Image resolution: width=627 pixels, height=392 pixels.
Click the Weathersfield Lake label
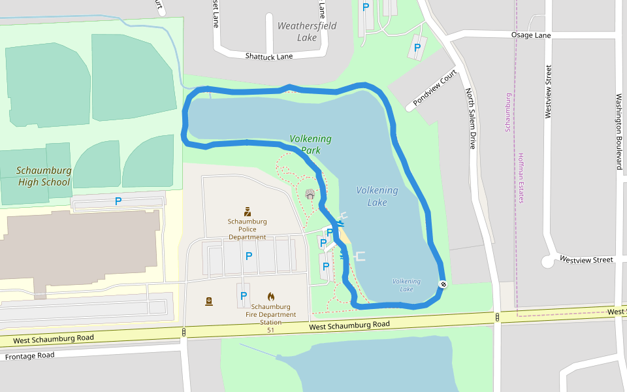[x=307, y=31]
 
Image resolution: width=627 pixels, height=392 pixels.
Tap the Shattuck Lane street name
[x=269, y=56]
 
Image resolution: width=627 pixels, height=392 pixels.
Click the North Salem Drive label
[x=470, y=118]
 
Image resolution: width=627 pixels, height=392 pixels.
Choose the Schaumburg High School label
[x=44, y=176]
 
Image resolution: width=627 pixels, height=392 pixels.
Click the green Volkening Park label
[x=311, y=144]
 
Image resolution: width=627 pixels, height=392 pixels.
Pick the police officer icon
[x=248, y=211]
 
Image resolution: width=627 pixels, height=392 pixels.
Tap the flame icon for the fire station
[x=271, y=297]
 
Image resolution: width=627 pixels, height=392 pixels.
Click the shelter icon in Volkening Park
[x=310, y=194]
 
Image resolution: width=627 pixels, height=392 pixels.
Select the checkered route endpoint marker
[x=443, y=284]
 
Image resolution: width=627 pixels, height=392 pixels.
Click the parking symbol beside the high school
[x=118, y=201]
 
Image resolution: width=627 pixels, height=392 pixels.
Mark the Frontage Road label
[x=30, y=356]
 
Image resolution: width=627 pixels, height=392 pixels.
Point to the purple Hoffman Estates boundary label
[x=521, y=178]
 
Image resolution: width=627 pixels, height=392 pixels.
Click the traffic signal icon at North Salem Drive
[x=498, y=318]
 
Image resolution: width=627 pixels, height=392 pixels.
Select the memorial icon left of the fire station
[x=209, y=301]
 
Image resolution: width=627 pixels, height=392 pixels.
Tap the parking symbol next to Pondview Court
[x=417, y=48]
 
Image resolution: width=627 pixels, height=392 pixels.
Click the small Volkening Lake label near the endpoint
[x=406, y=285]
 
